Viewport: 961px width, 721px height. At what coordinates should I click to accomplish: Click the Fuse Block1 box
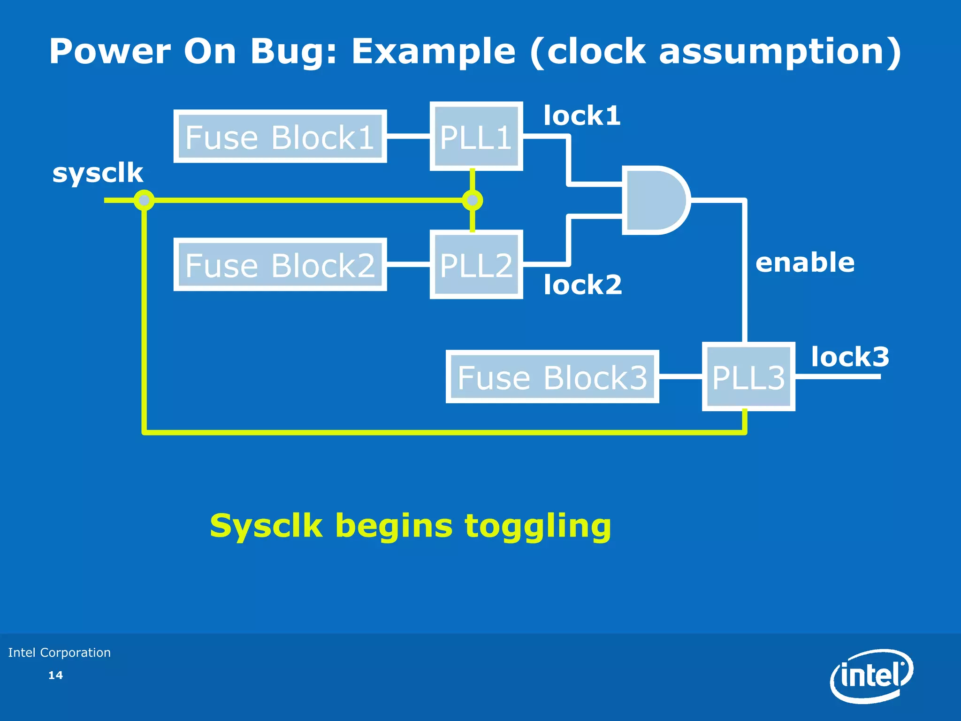pyautogui.click(x=280, y=137)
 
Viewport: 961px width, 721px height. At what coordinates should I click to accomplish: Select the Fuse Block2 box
pyautogui.click(x=280, y=265)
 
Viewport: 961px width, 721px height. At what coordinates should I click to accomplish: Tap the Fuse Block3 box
pyautogui.click(x=552, y=377)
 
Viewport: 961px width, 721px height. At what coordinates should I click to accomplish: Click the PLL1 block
pyautogui.click(x=476, y=137)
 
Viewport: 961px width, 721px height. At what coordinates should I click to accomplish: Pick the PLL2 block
pyautogui.click(x=476, y=265)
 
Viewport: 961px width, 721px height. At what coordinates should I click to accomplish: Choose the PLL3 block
pyautogui.click(x=748, y=377)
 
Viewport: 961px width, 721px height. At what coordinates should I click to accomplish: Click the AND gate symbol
pyautogui.click(x=654, y=200)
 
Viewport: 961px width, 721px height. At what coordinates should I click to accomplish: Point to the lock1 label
pyautogui.click(x=582, y=115)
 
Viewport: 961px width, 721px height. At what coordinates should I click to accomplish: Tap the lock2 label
pyautogui.click(x=582, y=285)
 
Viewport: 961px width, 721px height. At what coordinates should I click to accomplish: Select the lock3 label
pyautogui.click(x=850, y=357)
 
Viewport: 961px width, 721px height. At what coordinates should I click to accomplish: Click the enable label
pyautogui.click(x=805, y=262)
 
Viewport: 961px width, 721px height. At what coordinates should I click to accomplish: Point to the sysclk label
pyautogui.click(x=98, y=173)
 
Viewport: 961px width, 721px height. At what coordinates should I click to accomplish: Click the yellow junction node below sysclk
pyautogui.click(x=144, y=200)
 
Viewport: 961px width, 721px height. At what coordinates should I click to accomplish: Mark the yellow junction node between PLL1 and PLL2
pyautogui.click(x=472, y=200)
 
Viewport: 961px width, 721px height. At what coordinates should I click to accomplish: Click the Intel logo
pyautogui.click(x=871, y=676)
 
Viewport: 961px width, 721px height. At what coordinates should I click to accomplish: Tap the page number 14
pyautogui.click(x=55, y=675)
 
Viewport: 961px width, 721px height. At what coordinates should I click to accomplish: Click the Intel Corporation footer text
pyautogui.click(x=60, y=652)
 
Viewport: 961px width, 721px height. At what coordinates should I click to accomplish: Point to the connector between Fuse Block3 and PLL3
pyautogui.click(x=680, y=376)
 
